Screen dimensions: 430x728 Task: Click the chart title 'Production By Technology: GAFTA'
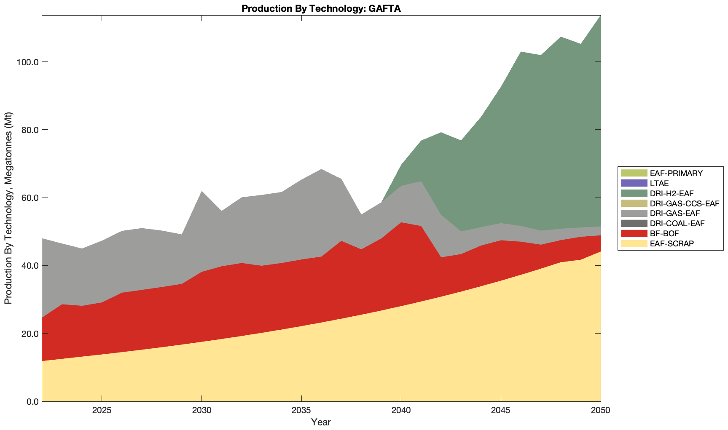click(x=321, y=8)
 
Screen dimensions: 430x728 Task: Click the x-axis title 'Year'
click(x=321, y=422)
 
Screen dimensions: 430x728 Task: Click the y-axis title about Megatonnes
click(x=8, y=208)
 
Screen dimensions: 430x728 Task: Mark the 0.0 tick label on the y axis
click(x=32, y=401)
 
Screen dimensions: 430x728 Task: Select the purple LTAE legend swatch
click(x=634, y=183)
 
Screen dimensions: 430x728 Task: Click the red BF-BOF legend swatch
click(x=634, y=233)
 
